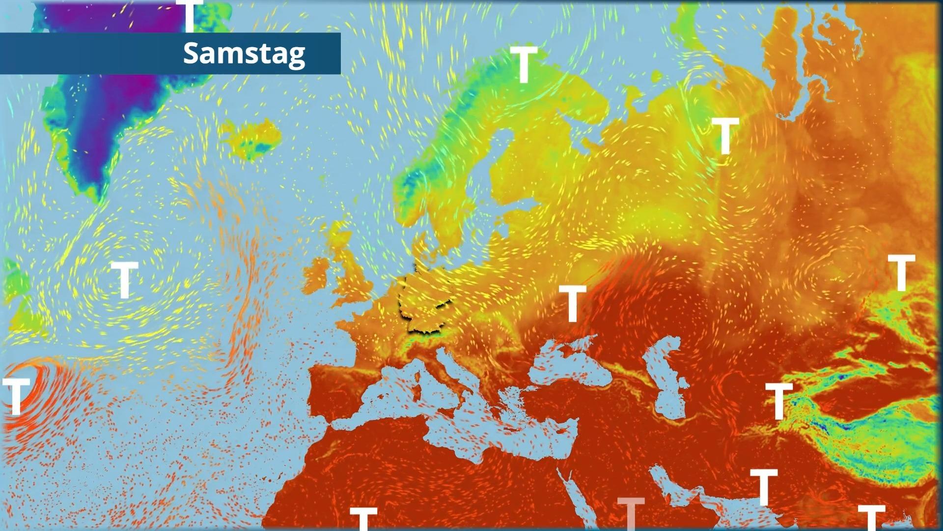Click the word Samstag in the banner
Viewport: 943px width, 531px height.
click(244, 53)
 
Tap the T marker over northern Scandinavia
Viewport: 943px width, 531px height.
click(524, 64)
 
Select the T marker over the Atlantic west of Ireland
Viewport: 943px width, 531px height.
click(125, 279)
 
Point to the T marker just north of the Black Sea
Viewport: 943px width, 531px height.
click(572, 303)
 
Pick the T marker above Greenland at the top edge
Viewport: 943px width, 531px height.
click(190, 15)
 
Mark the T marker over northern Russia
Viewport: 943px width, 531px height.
click(725, 136)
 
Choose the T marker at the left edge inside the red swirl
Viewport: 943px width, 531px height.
click(16, 396)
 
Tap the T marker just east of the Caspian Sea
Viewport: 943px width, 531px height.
click(779, 401)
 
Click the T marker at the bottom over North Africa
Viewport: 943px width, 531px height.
click(363, 519)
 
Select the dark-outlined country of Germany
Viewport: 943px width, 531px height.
click(425, 302)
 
